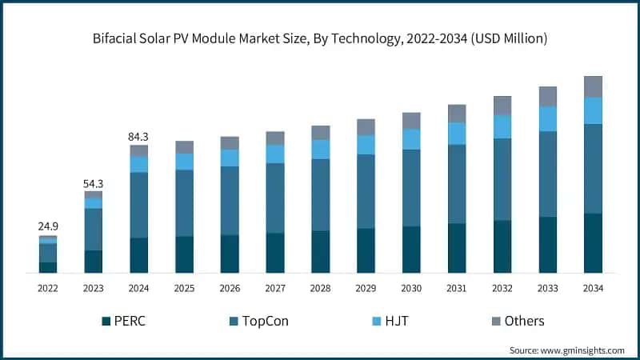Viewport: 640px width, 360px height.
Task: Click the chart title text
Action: (320, 38)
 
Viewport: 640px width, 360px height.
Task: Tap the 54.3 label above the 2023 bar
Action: (94, 183)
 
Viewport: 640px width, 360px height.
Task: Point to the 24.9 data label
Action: (48, 227)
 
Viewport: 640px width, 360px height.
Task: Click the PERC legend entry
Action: (123, 321)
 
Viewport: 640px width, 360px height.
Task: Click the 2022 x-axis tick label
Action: (48, 287)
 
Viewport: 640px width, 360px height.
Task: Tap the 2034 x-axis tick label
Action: (593, 287)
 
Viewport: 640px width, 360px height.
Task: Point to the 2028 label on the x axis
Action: (320, 287)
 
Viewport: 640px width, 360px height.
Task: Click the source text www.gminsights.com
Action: (569, 350)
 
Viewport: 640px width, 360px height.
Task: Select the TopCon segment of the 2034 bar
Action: (593, 169)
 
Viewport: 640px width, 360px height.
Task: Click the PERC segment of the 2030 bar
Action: (411, 250)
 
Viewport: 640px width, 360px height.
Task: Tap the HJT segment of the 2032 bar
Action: (502, 126)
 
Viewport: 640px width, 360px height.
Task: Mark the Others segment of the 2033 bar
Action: (547, 96)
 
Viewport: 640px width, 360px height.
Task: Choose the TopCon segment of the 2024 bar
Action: (139, 205)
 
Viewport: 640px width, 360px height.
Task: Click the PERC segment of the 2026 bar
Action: (230, 254)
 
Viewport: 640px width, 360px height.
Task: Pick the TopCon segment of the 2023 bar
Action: (94, 230)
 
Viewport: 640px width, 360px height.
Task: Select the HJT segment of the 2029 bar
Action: (366, 145)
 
